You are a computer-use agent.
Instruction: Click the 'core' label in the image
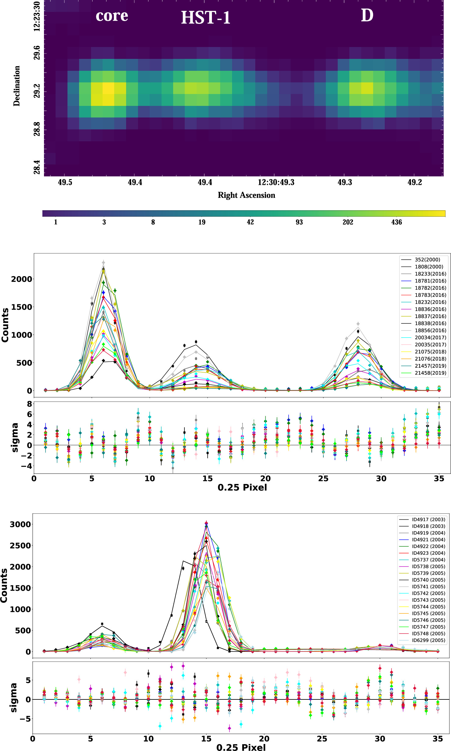click(x=112, y=16)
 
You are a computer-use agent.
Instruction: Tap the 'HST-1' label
click(x=205, y=18)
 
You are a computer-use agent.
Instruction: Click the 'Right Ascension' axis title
click(x=246, y=195)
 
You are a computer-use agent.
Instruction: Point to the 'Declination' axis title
click(x=16, y=86)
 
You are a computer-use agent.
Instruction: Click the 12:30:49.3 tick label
click(x=276, y=182)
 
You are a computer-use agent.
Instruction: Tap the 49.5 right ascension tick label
click(x=65, y=182)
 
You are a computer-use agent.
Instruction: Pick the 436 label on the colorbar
click(x=396, y=222)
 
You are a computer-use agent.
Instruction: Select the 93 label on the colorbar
click(x=299, y=222)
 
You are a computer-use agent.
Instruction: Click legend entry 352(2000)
click(x=427, y=260)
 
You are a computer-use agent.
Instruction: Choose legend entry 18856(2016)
click(x=430, y=330)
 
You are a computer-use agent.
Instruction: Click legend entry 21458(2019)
click(x=430, y=373)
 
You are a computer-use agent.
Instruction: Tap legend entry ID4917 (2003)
click(x=428, y=519)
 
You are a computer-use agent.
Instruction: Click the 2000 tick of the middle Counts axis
click(x=21, y=279)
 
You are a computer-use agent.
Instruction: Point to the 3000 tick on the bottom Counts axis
click(x=20, y=525)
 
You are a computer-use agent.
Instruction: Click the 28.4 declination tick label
click(x=37, y=167)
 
